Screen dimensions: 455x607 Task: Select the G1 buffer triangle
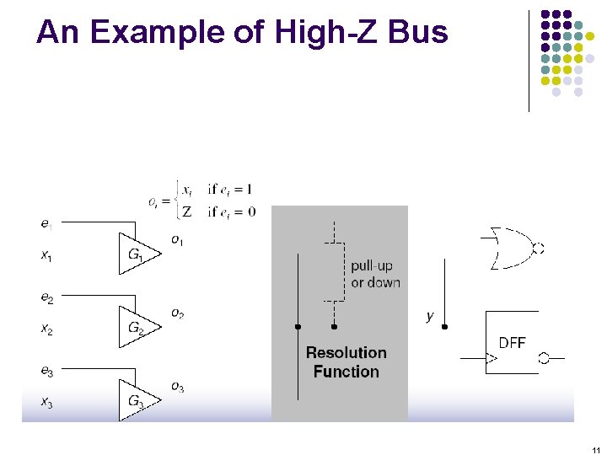(x=136, y=253)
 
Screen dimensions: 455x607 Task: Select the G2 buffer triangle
(x=136, y=327)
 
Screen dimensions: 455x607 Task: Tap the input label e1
(x=46, y=223)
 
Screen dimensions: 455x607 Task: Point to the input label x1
(x=46, y=254)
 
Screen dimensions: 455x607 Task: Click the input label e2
(x=47, y=298)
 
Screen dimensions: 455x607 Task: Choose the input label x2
(x=47, y=329)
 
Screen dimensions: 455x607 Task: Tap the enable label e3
(x=47, y=372)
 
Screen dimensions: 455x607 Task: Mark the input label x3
(x=47, y=402)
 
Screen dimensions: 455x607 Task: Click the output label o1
(x=177, y=241)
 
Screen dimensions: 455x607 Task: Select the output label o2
(x=177, y=313)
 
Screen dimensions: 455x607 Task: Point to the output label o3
(x=177, y=387)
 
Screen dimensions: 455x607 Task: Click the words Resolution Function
(x=346, y=362)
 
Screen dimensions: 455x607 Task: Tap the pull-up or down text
(x=375, y=275)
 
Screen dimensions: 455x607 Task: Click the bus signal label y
(x=430, y=316)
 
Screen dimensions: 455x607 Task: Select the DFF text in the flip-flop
(x=512, y=343)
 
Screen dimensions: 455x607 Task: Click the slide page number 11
(x=595, y=448)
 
